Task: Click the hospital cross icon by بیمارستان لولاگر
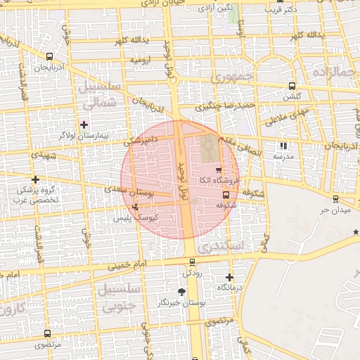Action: (x=84, y=124)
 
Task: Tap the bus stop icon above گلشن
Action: (x=291, y=86)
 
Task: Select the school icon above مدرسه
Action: (x=283, y=146)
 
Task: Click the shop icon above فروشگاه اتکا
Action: (x=219, y=170)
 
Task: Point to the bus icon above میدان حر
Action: (x=335, y=199)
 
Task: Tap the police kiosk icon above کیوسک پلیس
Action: (x=135, y=207)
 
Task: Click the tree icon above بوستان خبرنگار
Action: (x=182, y=291)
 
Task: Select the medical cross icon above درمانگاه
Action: (x=229, y=277)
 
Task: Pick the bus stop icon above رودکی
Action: (x=193, y=262)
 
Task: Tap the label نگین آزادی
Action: (x=214, y=8)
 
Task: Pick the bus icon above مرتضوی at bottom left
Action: (x=47, y=334)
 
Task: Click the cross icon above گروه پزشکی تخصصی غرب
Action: (x=36, y=180)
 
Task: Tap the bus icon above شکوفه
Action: (x=225, y=195)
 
